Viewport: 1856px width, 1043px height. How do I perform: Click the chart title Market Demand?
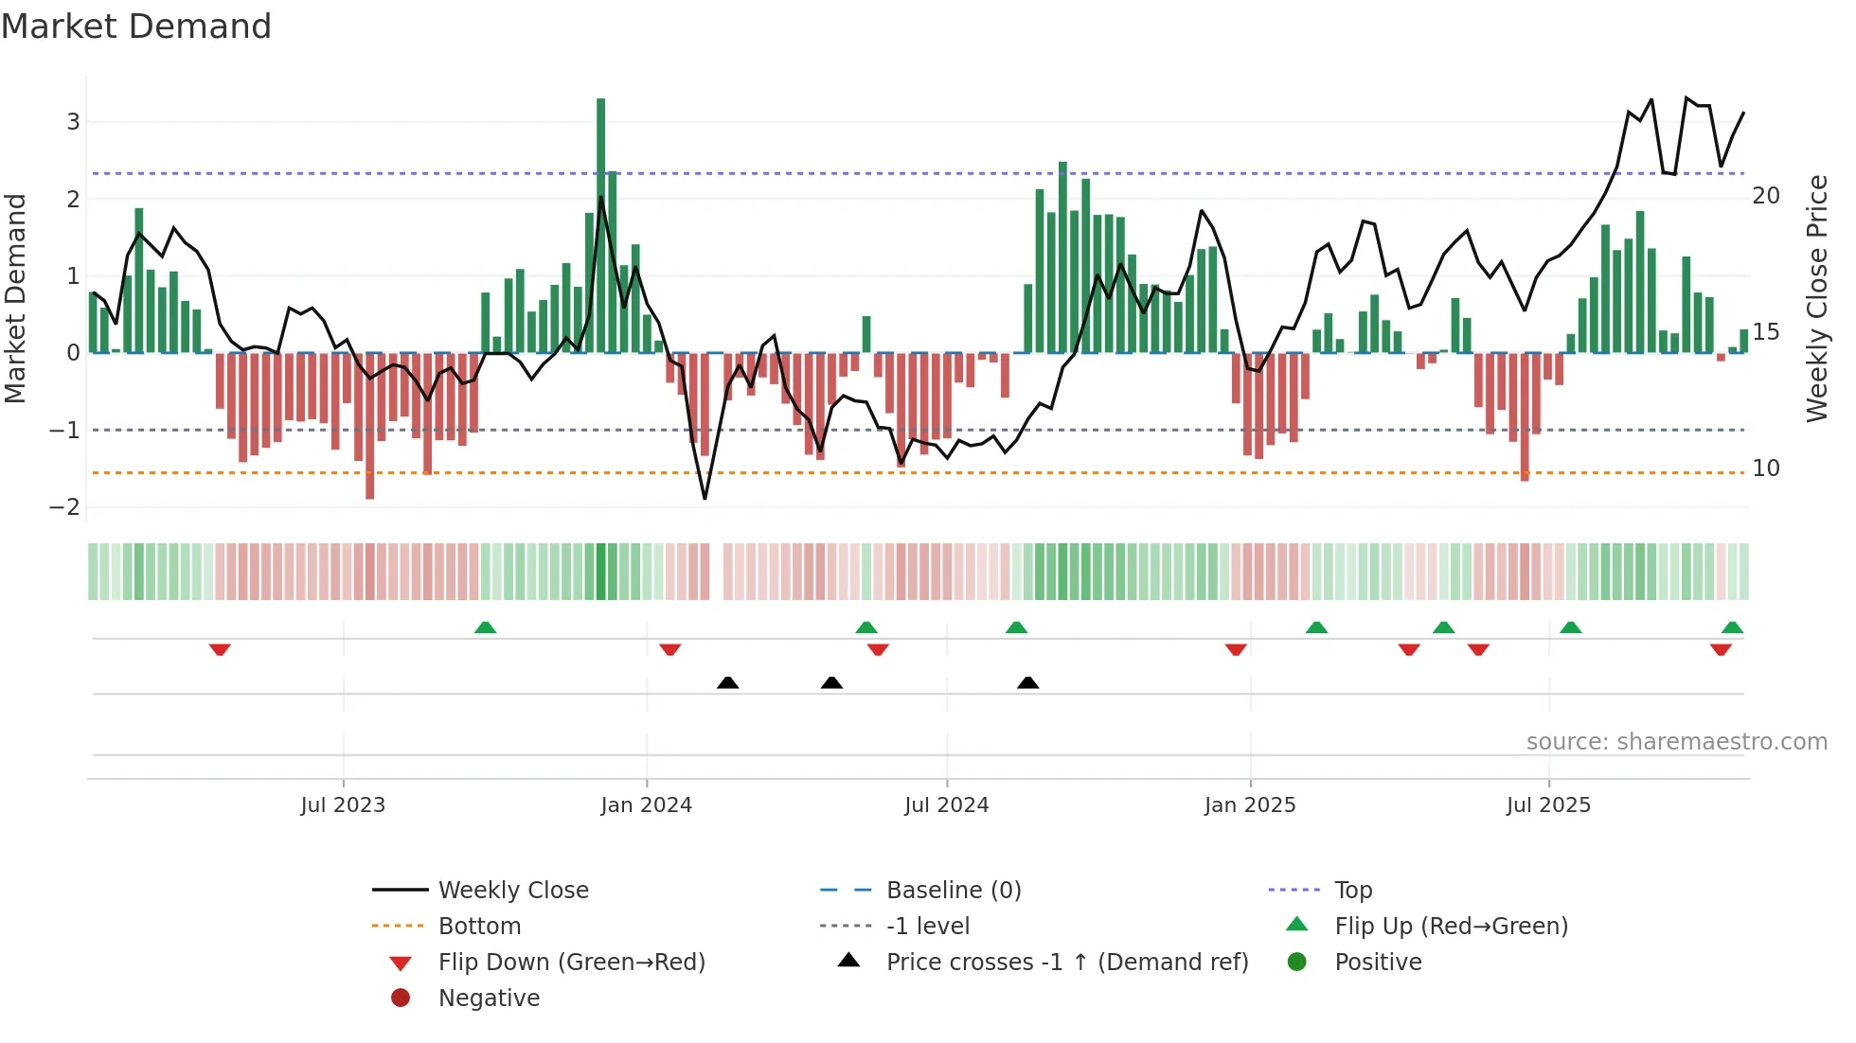136,27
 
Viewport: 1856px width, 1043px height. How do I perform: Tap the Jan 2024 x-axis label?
646,805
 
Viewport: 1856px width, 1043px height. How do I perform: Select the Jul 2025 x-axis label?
1548,805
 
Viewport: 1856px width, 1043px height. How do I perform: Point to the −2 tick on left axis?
64,507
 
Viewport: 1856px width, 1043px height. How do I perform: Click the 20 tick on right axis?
1766,196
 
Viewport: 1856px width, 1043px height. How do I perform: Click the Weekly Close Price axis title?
1816,298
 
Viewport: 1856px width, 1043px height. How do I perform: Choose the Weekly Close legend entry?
512,891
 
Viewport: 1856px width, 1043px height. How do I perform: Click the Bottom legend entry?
479,927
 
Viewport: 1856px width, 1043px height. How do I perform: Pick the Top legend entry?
1353,891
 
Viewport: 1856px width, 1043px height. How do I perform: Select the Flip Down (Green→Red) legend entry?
571,963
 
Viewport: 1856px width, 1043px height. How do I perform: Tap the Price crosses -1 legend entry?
1066,963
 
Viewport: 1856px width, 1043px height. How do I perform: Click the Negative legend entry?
489,999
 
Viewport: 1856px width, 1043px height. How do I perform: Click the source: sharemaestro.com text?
1676,742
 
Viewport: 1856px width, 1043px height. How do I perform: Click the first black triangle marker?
727,682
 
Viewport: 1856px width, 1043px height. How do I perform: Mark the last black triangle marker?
1027,682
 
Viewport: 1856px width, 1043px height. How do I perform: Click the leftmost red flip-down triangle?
220,649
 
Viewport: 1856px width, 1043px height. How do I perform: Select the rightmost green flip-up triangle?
1732,628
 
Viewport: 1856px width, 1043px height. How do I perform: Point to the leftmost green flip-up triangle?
485,628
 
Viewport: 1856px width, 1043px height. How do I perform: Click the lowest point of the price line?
705,498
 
